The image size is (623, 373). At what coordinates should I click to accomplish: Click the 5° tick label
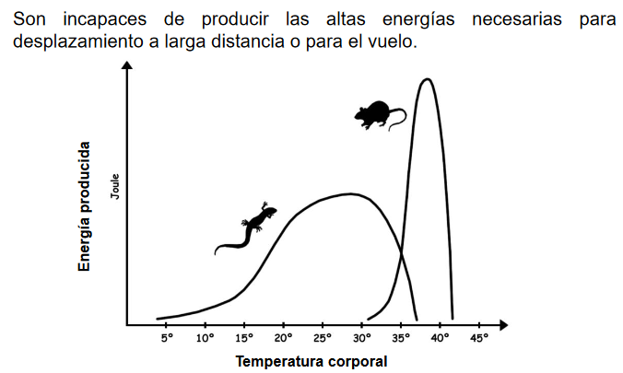[167, 338]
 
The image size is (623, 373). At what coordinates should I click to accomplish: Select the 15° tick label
[244, 338]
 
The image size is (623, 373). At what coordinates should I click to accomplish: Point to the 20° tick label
[283, 338]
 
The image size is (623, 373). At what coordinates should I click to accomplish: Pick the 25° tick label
[323, 338]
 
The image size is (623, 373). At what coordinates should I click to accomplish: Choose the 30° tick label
[362, 338]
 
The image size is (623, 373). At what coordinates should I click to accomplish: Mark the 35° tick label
[401, 338]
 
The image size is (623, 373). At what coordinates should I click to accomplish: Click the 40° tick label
[440, 338]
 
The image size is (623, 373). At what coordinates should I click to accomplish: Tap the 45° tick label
[479, 338]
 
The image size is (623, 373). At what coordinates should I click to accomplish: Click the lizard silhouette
[246, 227]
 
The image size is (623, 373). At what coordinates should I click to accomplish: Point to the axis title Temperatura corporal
[311, 361]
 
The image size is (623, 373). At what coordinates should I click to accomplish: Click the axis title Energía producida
[85, 206]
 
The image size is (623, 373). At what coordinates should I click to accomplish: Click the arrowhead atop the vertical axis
[127, 65]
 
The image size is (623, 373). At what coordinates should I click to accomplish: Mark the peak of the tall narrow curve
[426, 79]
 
